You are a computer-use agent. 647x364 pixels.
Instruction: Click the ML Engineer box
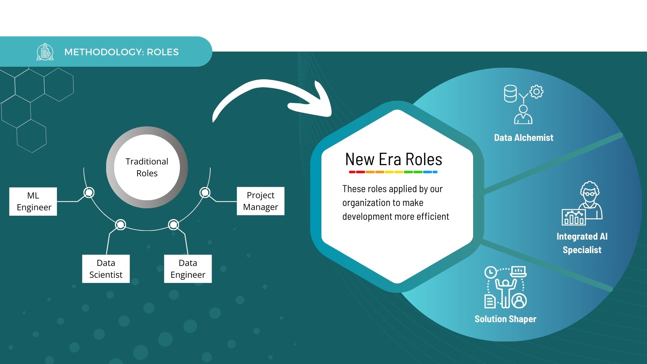tap(33, 201)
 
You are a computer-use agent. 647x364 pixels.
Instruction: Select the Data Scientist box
tap(106, 269)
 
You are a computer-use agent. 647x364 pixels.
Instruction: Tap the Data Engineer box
tap(188, 269)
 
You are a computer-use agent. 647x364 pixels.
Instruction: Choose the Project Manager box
tap(260, 201)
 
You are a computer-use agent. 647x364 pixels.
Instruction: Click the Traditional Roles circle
tap(147, 167)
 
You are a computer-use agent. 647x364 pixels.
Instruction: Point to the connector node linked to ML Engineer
tap(89, 192)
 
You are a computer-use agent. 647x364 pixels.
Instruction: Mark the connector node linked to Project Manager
tap(205, 192)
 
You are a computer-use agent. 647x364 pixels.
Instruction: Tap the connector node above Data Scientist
tap(120, 224)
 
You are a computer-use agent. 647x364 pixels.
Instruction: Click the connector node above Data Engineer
tap(174, 224)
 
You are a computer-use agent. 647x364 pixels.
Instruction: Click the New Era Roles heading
tap(394, 159)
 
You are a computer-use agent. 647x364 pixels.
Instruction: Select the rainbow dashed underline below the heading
tap(393, 172)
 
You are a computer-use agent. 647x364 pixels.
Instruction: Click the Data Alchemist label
tap(524, 138)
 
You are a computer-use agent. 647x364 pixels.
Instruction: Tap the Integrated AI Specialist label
tap(582, 243)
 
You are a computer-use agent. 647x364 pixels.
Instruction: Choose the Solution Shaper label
tap(505, 319)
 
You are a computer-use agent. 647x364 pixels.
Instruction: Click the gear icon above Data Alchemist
tap(536, 92)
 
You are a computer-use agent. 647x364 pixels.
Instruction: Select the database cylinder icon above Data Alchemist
tap(510, 93)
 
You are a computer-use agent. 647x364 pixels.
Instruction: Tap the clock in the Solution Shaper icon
tap(491, 272)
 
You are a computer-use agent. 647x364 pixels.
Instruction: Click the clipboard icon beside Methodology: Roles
tap(45, 52)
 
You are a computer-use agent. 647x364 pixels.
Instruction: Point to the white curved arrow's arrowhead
tap(317, 101)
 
